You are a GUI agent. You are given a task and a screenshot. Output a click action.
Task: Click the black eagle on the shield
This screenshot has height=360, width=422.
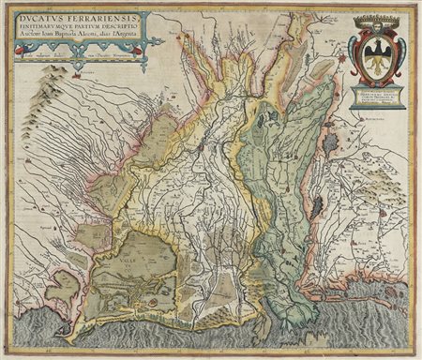379,54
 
